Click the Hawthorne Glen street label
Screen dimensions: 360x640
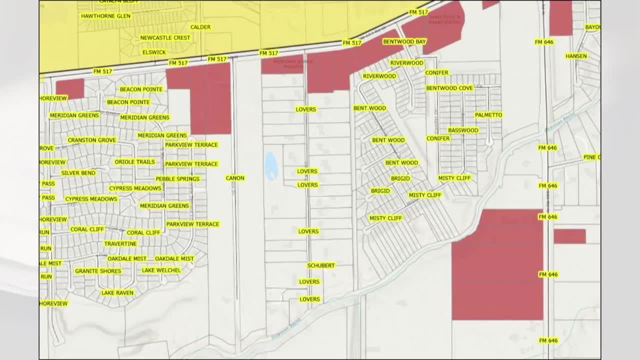click(x=106, y=16)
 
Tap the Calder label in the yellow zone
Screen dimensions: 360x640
click(x=200, y=27)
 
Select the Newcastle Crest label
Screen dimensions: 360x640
click(x=165, y=38)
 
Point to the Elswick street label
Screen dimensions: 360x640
click(x=154, y=52)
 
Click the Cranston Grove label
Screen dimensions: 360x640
click(x=91, y=140)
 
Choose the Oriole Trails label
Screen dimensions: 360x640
click(x=135, y=162)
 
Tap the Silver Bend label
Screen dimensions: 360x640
click(x=78, y=173)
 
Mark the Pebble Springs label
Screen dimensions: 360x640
click(x=177, y=179)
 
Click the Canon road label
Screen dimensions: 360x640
click(x=235, y=178)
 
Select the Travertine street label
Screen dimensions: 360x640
click(x=120, y=244)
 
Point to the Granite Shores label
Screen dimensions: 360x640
click(x=98, y=271)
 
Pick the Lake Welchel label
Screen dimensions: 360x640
click(x=161, y=270)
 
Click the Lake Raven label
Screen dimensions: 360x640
click(x=117, y=293)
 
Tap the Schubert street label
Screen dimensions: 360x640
click(x=321, y=265)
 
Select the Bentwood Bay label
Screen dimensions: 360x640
click(x=404, y=41)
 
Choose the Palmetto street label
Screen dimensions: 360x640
click(x=488, y=115)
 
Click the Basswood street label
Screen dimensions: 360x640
click(x=463, y=130)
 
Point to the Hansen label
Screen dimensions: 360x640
click(x=576, y=56)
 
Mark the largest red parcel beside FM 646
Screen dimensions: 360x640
click(x=497, y=265)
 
